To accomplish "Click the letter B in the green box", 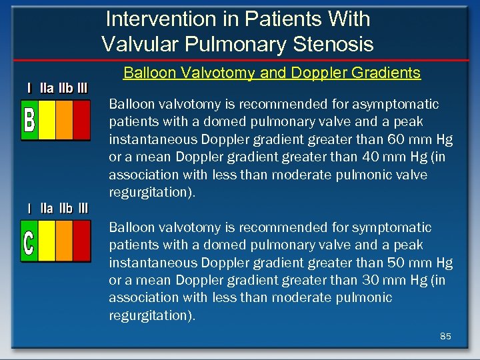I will click(29, 121).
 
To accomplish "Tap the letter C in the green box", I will click(29, 242).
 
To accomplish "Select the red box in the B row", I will click(81, 121).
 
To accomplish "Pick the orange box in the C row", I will click(64, 241).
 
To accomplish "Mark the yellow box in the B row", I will click(47, 121).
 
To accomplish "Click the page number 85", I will click(445, 337).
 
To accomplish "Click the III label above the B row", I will click(81, 88).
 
